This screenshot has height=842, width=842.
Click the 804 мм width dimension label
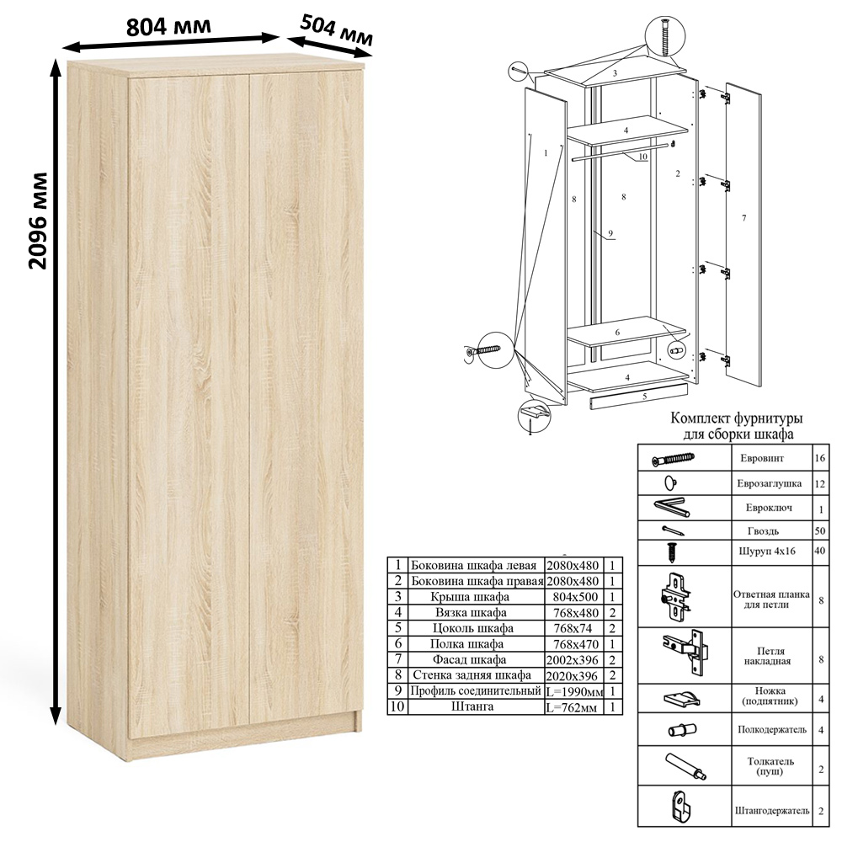(x=168, y=26)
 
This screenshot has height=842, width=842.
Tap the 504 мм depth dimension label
(x=336, y=30)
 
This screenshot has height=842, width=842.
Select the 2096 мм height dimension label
(x=38, y=221)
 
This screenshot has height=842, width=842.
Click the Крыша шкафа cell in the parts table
(x=471, y=597)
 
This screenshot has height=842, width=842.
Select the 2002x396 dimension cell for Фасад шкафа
(x=573, y=660)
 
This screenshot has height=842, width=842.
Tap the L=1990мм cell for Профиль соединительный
(x=574, y=691)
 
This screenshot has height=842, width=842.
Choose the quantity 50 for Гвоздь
(x=820, y=531)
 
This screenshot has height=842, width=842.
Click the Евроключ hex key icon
(x=671, y=508)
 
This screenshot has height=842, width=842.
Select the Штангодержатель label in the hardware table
(x=772, y=811)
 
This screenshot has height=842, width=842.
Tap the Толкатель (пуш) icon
(x=686, y=766)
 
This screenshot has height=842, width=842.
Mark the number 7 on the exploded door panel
(x=743, y=218)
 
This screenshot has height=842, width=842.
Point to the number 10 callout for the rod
(x=642, y=157)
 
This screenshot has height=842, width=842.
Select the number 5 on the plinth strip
(x=644, y=397)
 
